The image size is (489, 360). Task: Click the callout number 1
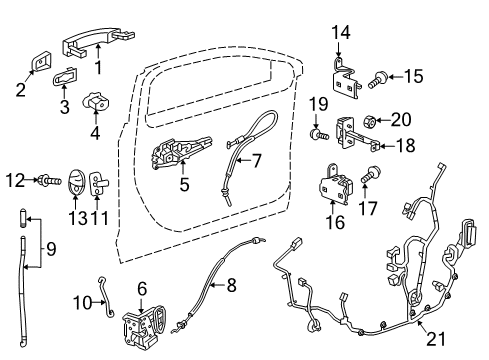98,69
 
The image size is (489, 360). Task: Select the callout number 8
231,285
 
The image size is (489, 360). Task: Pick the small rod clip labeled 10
105,294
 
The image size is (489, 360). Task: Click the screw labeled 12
46,180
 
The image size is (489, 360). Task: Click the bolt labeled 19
318,132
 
